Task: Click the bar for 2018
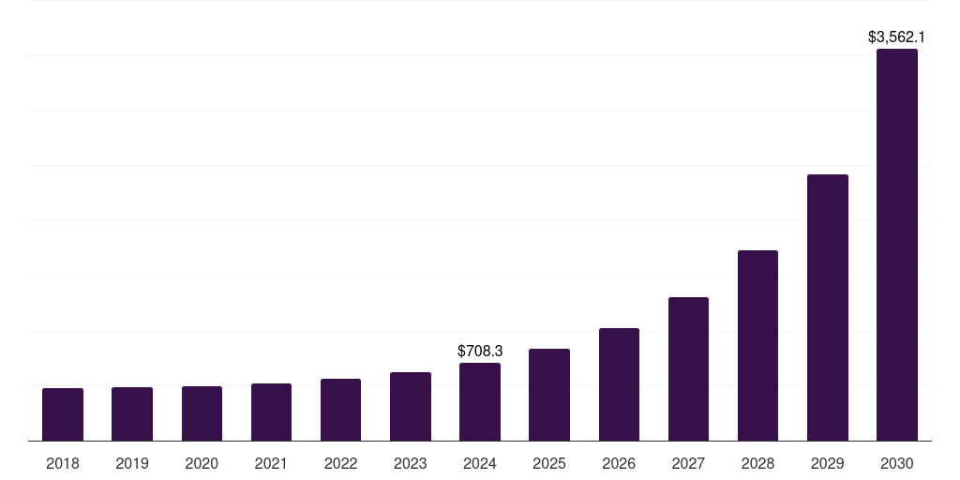63,414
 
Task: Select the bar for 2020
202,413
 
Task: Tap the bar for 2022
340,410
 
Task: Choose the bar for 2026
619,384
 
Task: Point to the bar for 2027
688,368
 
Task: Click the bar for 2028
757,345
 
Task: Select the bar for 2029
827,307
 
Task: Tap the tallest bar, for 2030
897,245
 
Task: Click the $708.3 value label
480,351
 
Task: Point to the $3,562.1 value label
896,37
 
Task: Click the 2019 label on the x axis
132,463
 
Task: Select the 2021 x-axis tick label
271,463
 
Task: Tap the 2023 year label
411,463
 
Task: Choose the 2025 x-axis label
549,463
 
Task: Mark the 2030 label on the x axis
897,463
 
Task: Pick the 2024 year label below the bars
480,463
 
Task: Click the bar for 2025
549,395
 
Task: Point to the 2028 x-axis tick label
757,463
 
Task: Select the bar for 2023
411,406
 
